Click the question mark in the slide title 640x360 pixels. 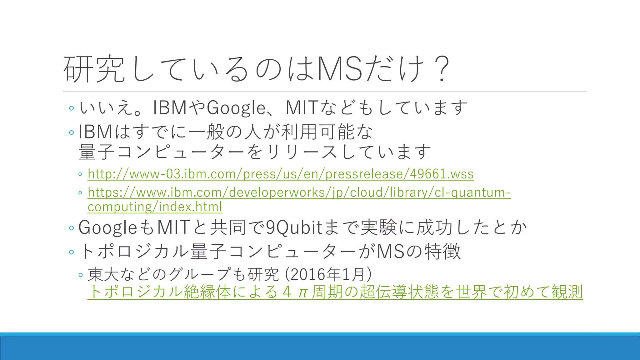coord(441,69)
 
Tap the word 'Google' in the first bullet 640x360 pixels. coord(236,107)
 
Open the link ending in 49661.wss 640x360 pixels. coord(280,174)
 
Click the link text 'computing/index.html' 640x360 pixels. coord(155,207)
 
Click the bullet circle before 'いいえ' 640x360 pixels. coord(72,108)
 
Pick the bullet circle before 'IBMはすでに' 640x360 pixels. coord(72,132)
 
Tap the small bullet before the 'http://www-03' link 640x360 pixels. coord(81,174)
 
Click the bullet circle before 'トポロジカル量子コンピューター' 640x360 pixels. coord(72,252)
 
